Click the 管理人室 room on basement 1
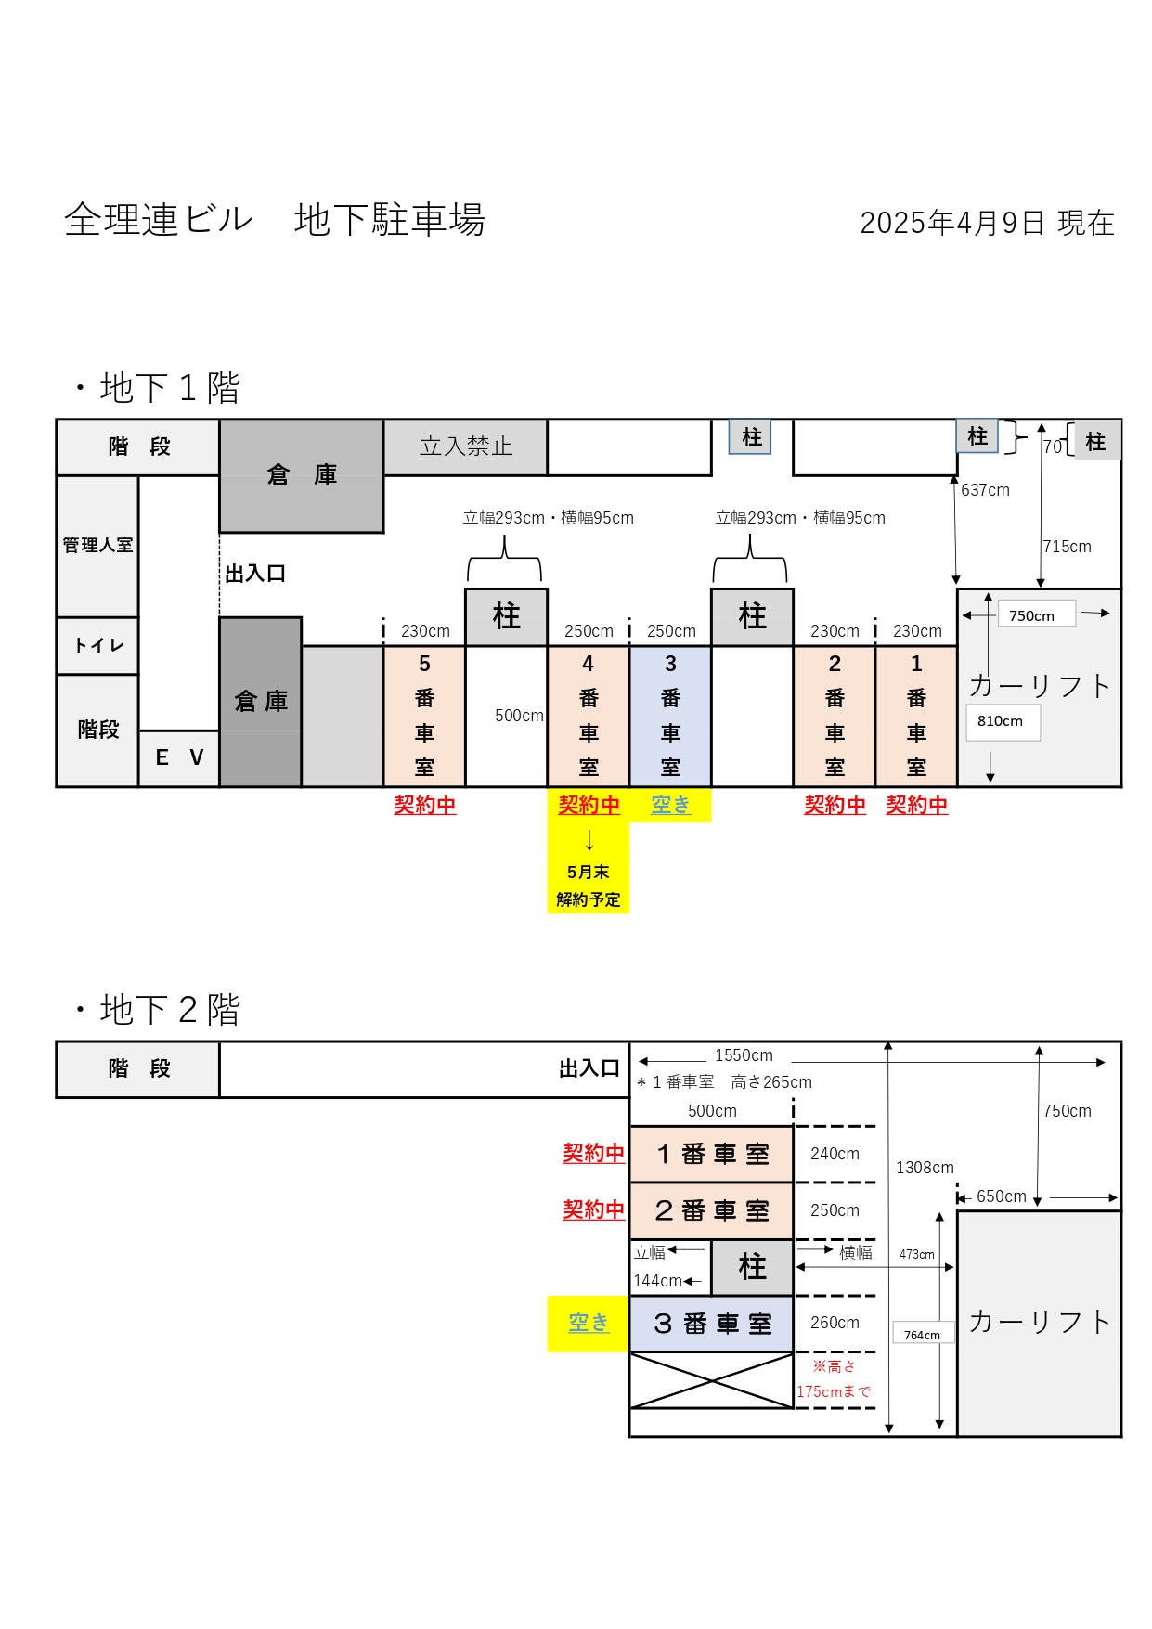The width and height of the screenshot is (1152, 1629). coord(97,546)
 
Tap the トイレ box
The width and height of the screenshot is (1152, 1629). coord(97,645)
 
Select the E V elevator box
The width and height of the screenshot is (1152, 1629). coord(179,757)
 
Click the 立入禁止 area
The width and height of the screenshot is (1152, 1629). coord(466,446)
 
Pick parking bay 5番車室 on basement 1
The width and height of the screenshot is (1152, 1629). coord(424,716)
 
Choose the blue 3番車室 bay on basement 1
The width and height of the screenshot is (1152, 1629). coord(670,716)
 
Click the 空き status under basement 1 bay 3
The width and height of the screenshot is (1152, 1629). coord(670,805)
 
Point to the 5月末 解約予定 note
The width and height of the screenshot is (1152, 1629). coord(589,886)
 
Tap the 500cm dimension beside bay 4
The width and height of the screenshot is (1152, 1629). coord(519,716)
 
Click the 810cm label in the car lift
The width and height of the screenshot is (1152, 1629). coord(1001,721)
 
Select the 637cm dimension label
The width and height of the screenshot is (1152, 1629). coord(985,490)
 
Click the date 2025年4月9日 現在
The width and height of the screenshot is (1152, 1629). coord(987,223)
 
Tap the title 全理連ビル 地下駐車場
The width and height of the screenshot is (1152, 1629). coord(275,220)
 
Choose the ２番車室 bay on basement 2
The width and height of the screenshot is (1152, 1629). coord(712,1210)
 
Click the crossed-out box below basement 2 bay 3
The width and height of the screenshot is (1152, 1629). coord(712,1380)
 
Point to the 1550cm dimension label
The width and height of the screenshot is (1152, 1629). coord(744,1055)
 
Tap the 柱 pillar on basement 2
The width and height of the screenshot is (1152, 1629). coord(753,1267)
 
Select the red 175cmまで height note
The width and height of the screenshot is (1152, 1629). coord(835,1391)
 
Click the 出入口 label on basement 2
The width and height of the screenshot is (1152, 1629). coord(589,1069)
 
